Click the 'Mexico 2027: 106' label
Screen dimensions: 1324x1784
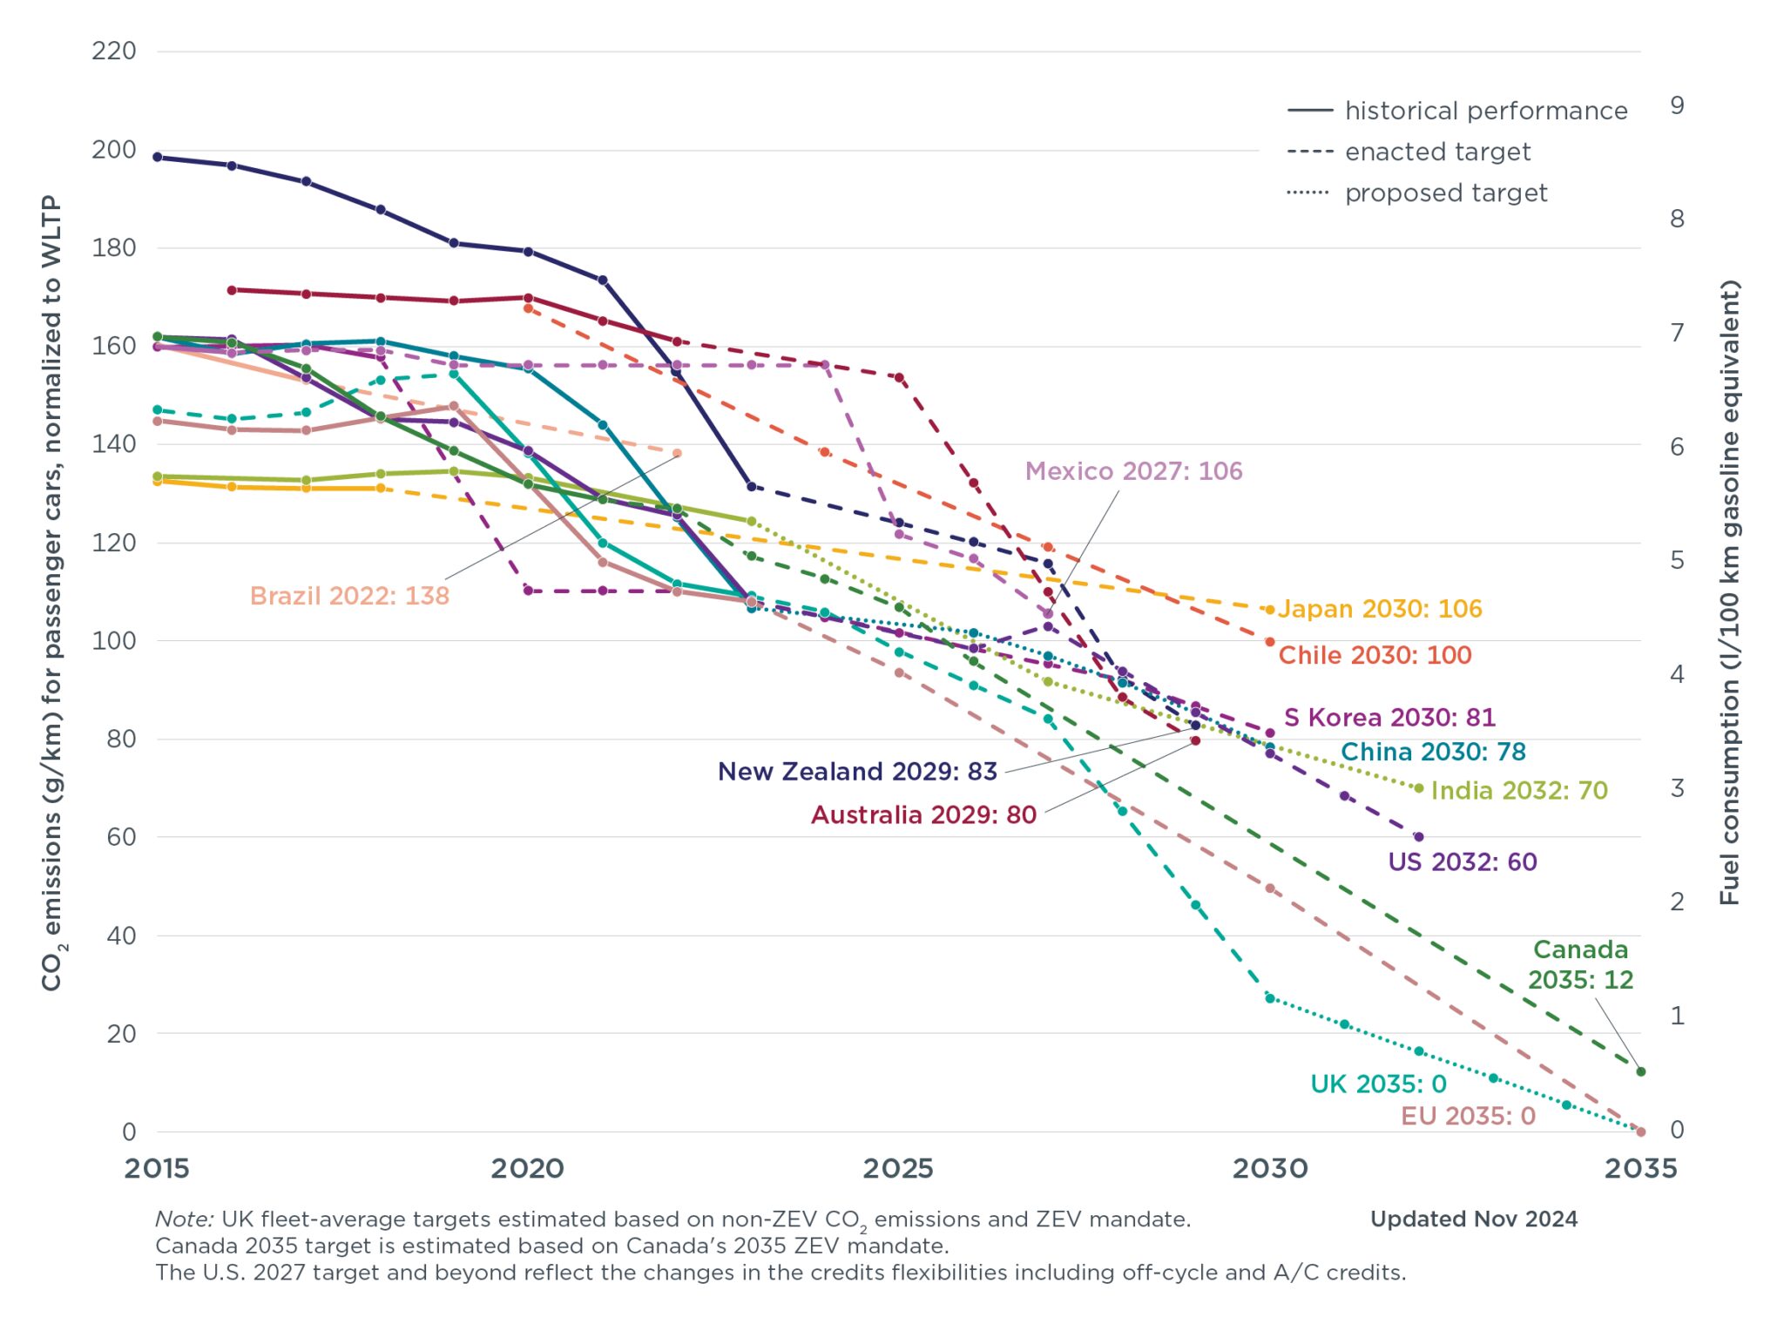point(1133,471)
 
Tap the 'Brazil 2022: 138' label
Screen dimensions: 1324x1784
point(349,596)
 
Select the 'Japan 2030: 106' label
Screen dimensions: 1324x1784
point(1380,609)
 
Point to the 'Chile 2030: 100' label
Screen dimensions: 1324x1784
point(1375,655)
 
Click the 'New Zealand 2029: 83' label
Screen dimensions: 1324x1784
point(857,772)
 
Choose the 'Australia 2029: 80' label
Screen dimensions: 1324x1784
point(923,815)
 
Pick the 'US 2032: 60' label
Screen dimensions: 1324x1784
point(1463,862)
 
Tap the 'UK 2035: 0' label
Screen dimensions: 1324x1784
point(1378,1084)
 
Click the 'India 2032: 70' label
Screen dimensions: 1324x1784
point(1518,791)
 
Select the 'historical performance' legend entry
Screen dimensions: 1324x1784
point(1485,111)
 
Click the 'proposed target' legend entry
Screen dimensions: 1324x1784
point(1445,193)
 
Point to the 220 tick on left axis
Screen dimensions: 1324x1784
point(114,51)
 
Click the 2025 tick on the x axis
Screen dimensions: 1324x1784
point(898,1169)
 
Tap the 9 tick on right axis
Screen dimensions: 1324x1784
point(1677,105)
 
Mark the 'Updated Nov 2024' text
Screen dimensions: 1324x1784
point(1473,1219)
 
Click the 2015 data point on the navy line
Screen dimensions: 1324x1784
point(158,158)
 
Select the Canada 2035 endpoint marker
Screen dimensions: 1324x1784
point(1641,1071)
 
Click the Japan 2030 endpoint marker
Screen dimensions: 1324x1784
point(1269,610)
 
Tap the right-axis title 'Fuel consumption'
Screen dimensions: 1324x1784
point(1729,592)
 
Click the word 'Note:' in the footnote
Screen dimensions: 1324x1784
point(184,1219)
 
